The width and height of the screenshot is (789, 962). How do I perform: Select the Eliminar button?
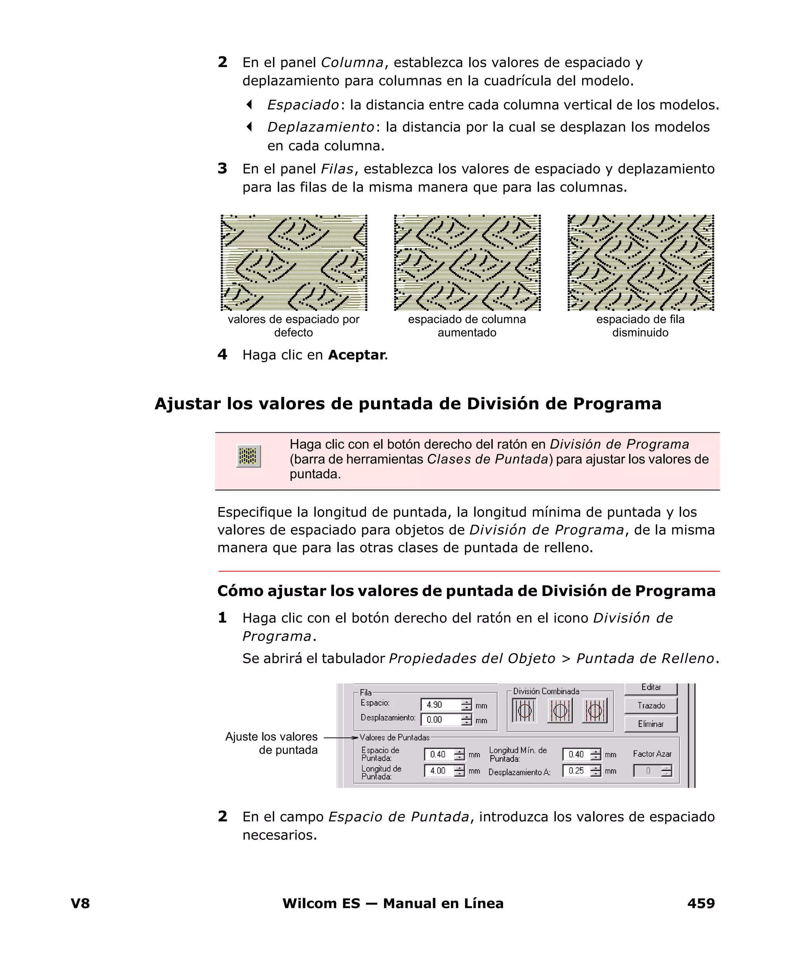[650, 724]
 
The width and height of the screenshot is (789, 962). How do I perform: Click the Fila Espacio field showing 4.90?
[440, 705]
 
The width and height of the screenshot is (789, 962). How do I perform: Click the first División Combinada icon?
[524, 710]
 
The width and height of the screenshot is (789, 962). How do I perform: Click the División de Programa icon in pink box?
[248, 456]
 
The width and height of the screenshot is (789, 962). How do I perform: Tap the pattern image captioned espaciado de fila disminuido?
[640, 263]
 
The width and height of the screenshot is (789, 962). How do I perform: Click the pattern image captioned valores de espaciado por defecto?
[294, 263]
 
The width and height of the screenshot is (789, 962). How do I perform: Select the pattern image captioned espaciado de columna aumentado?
[467, 263]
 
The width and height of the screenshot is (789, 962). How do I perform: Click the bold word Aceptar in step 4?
[356, 355]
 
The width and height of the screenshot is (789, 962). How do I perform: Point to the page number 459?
[700, 903]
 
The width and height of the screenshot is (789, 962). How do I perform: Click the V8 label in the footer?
[81, 903]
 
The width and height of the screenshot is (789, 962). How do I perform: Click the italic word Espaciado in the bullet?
[303, 105]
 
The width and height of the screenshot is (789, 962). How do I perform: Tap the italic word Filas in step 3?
[337, 169]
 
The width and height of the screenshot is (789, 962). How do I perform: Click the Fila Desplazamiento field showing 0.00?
[440, 720]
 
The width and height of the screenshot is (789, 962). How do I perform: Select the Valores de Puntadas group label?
[394, 737]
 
